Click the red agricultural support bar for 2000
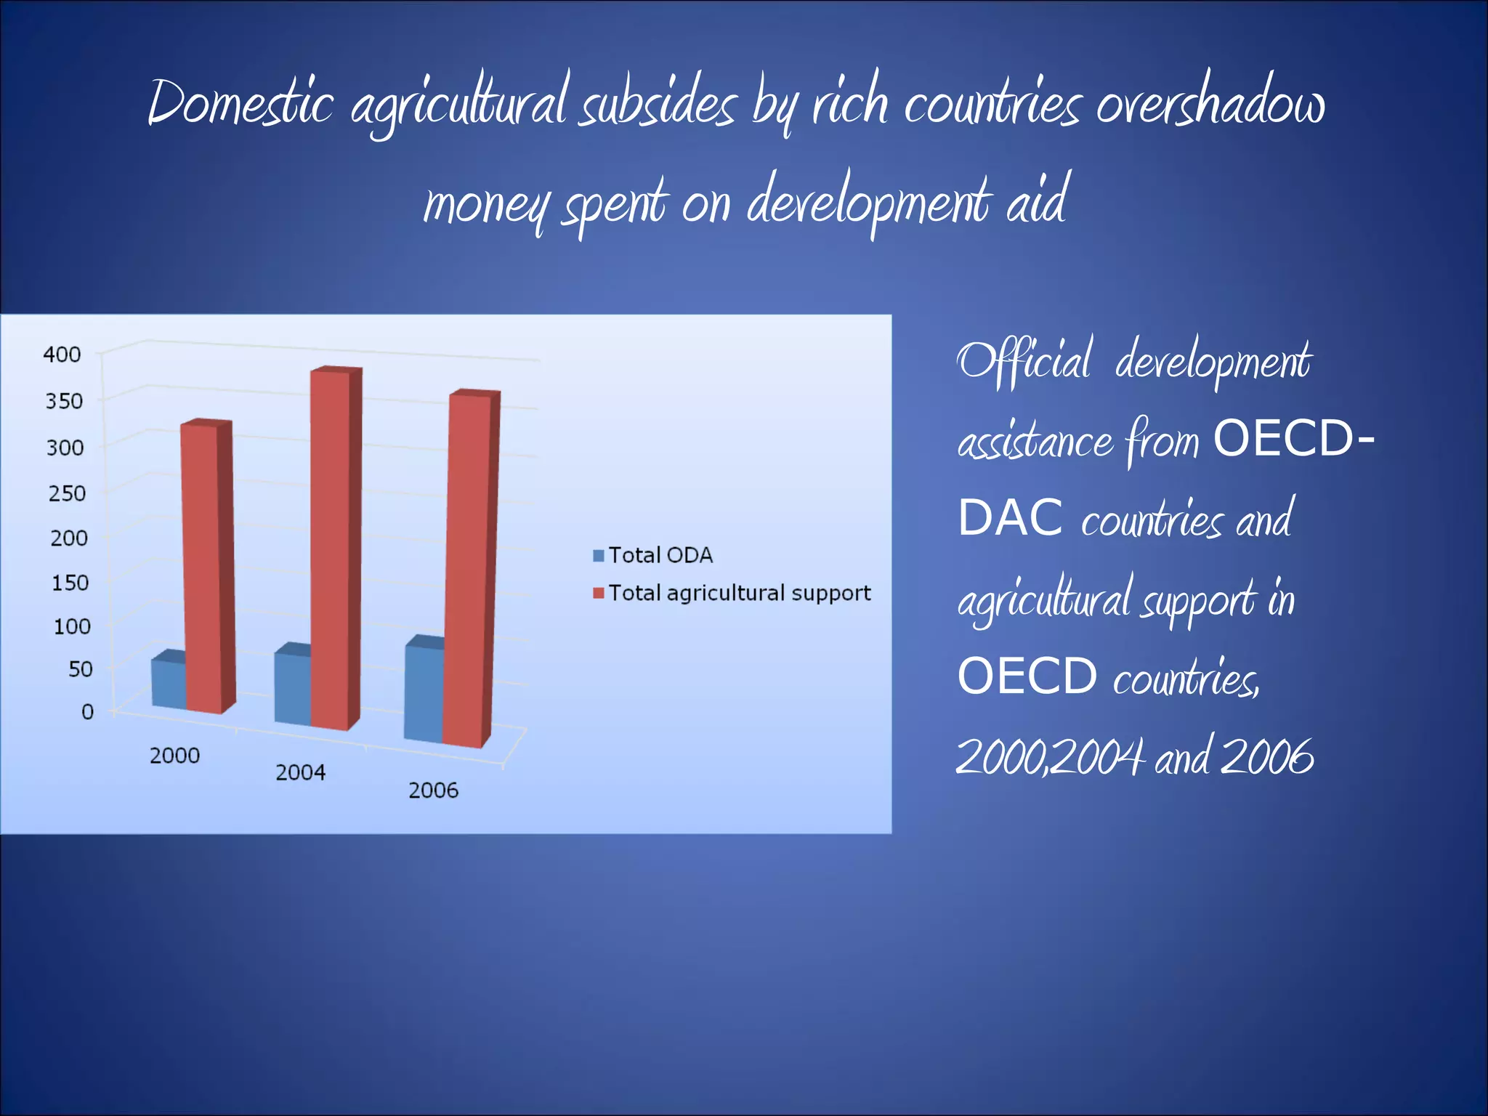[x=201, y=567]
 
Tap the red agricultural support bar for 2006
[x=466, y=570]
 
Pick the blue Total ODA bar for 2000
[x=169, y=684]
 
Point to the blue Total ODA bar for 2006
[x=424, y=694]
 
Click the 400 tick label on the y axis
[x=62, y=355]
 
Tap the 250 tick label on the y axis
[x=67, y=494]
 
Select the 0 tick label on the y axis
[x=87, y=712]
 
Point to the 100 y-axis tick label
[x=72, y=626]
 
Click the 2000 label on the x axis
[x=174, y=756]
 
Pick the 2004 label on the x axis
[x=300, y=772]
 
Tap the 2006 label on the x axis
[x=433, y=790]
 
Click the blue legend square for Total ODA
[x=599, y=556]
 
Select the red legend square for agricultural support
[x=599, y=594]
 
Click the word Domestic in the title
[x=240, y=103]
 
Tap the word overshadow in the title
[x=1210, y=103]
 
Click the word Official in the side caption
[x=1024, y=360]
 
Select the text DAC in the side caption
[x=1010, y=519]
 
